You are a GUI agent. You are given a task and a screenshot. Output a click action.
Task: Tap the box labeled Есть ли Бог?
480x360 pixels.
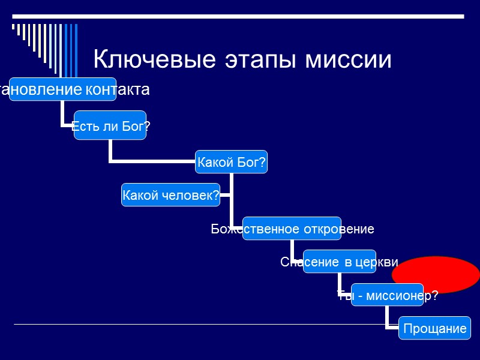pyautogui.click(x=110, y=125)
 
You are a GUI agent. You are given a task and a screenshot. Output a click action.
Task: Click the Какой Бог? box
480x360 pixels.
pyautogui.click(x=232, y=162)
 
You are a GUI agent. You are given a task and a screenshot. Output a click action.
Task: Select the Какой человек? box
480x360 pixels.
pyautogui.click(x=170, y=195)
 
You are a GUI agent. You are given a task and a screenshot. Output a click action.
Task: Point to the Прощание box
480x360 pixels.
pyautogui.click(x=434, y=328)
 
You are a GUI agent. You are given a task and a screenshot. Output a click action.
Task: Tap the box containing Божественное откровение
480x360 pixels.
pyautogui.click(x=292, y=229)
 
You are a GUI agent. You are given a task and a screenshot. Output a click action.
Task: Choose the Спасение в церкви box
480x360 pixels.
pyautogui.click(x=339, y=262)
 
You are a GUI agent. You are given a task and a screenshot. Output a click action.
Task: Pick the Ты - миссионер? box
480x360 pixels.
pyautogui.click(x=387, y=295)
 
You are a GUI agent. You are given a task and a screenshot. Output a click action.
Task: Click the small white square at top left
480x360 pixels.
pyautogui.click(x=13, y=27)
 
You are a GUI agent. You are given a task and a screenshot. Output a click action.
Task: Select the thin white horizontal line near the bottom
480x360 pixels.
pyautogui.click(x=198, y=325)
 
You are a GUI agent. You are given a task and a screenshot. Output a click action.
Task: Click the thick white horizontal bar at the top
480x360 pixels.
pyautogui.click(x=240, y=14)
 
